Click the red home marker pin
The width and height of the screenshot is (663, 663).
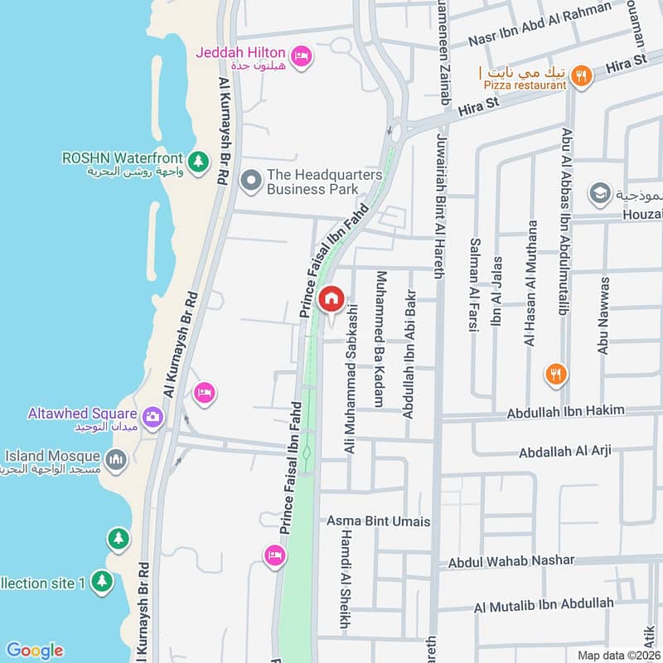tap(331, 299)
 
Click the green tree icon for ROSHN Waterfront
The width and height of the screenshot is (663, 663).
tap(198, 162)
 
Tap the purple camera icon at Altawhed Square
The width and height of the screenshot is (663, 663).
tap(152, 417)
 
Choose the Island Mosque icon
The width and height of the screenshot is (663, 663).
tap(117, 458)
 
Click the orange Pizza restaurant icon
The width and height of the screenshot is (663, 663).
tap(583, 75)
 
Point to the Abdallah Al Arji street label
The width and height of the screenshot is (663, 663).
tap(565, 452)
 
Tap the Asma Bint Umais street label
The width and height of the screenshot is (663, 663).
tap(379, 521)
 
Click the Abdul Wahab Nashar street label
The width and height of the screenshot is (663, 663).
tap(511, 561)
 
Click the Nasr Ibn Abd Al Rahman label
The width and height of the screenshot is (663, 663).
tap(540, 25)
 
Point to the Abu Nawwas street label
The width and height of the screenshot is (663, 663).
tap(603, 316)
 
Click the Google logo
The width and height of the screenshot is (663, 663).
tap(34, 651)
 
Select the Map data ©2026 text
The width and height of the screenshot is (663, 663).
tap(617, 655)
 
